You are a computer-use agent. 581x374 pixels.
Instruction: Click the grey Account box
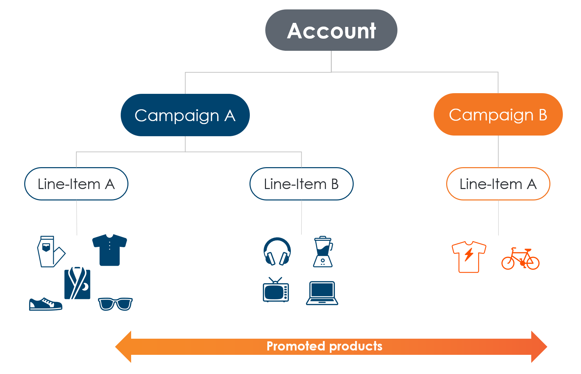pos(331,30)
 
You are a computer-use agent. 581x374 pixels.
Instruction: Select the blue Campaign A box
pos(185,115)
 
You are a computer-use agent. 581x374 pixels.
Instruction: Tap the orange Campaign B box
pos(498,114)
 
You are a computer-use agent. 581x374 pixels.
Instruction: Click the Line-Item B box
pos(302,184)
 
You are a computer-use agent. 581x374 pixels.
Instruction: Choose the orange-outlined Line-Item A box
pos(498,184)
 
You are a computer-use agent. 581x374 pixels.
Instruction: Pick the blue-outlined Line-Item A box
pos(76,184)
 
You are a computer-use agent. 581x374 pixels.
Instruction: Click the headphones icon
pos(277,252)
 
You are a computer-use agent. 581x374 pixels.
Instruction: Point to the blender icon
pos(323,252)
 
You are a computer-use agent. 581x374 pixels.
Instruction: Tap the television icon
pos(276,290)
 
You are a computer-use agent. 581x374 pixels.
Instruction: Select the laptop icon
pos(322,293)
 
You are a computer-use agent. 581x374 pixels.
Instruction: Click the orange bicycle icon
pos(520,259)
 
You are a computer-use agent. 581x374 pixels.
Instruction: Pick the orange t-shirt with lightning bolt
pos(469,257)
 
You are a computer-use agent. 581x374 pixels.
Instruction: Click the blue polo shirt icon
pos(110,250)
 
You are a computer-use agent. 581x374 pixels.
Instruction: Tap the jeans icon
pos(50,252)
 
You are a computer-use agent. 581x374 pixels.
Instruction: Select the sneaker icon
pos(46,304)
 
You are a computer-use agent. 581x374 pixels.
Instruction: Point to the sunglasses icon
pos(115,304)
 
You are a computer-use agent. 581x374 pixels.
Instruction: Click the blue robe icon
pos(77,283)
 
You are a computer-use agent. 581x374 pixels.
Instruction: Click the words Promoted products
pos(324,346)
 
